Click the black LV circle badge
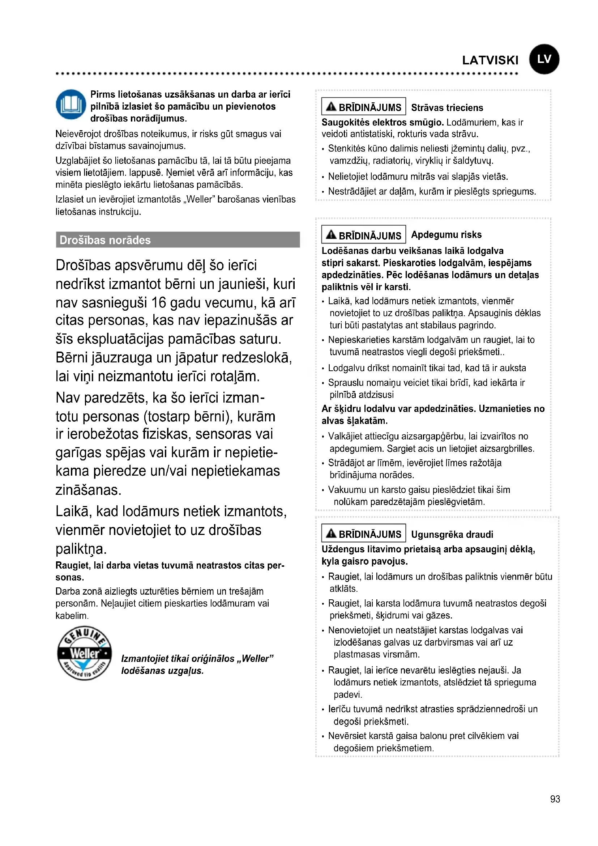point(544,59)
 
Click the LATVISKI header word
point(490,60)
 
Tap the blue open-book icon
point(71,104)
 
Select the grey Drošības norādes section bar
point(178,240)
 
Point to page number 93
point(555,799)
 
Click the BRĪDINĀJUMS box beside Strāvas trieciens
point(363,107)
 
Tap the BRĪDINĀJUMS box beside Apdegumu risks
point(363,235)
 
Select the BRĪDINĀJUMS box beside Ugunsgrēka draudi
point(363,533)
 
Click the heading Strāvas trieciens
point(447,107)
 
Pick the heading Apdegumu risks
point(446,235)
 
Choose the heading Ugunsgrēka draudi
point(452,534)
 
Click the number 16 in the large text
point(159,302)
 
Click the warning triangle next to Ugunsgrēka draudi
point(331,533)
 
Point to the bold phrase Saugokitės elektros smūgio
point(383,122)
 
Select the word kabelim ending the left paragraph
point(72,616)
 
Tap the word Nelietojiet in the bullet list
point(347,177)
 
